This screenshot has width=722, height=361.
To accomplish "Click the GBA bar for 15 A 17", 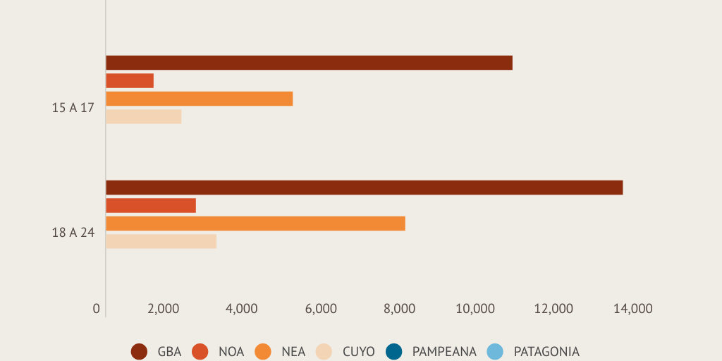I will point(309,63).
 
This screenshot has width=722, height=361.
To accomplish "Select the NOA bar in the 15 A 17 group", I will point(130,80).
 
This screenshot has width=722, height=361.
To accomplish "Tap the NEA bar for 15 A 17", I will point(199,99).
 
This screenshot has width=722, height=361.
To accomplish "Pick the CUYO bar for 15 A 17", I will point(144,116).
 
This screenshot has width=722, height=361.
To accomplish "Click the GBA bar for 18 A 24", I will point(364,188).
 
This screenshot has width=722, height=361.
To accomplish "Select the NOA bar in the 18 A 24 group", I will point(151,205).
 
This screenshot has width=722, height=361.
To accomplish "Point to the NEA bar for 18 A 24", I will point(255,224).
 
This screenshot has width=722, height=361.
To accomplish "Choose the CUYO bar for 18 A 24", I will point(161,241).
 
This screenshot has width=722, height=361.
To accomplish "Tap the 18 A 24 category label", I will point(73,233).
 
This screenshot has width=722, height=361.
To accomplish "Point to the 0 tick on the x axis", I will point(97,309).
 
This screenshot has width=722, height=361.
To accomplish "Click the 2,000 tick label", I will point(164,309).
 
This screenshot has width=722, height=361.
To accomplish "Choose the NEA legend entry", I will point(281,351).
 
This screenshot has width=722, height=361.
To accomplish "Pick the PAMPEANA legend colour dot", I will point(394,351).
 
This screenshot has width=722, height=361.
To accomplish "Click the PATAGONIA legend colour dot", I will point(496,351).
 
